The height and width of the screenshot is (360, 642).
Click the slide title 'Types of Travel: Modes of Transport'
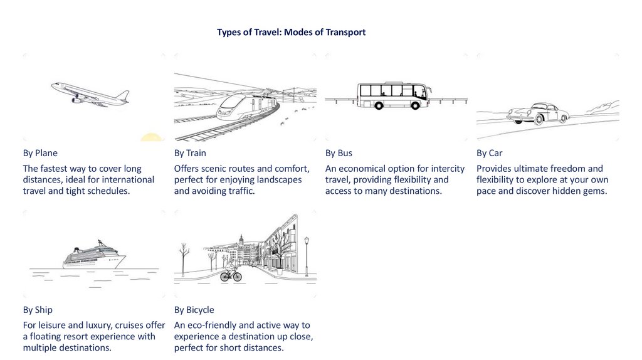[x=291, y=32]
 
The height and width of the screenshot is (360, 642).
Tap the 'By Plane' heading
[x=40, y=153]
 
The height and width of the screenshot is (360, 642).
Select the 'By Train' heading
[x=190, y=153]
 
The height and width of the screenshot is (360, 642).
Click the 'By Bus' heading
[x=339, y=153]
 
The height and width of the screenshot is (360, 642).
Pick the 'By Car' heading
[x=489, y=153]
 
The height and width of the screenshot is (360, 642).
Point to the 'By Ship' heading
[x=38, y=310]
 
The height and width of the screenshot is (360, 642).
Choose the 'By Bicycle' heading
[x=194, y=310]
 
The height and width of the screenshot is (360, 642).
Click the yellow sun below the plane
[x=151, y=137]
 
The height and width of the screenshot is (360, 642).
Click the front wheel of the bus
[x=415, y=106]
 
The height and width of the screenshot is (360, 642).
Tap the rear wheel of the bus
[x=379, y=106]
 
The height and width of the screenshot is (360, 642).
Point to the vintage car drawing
[x=538, y=114]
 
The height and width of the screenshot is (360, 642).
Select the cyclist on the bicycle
[x=231, y=273]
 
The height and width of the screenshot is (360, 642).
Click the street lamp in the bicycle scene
[x=307, y=255]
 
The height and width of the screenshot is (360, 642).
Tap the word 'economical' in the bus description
[x=363, y=169]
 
